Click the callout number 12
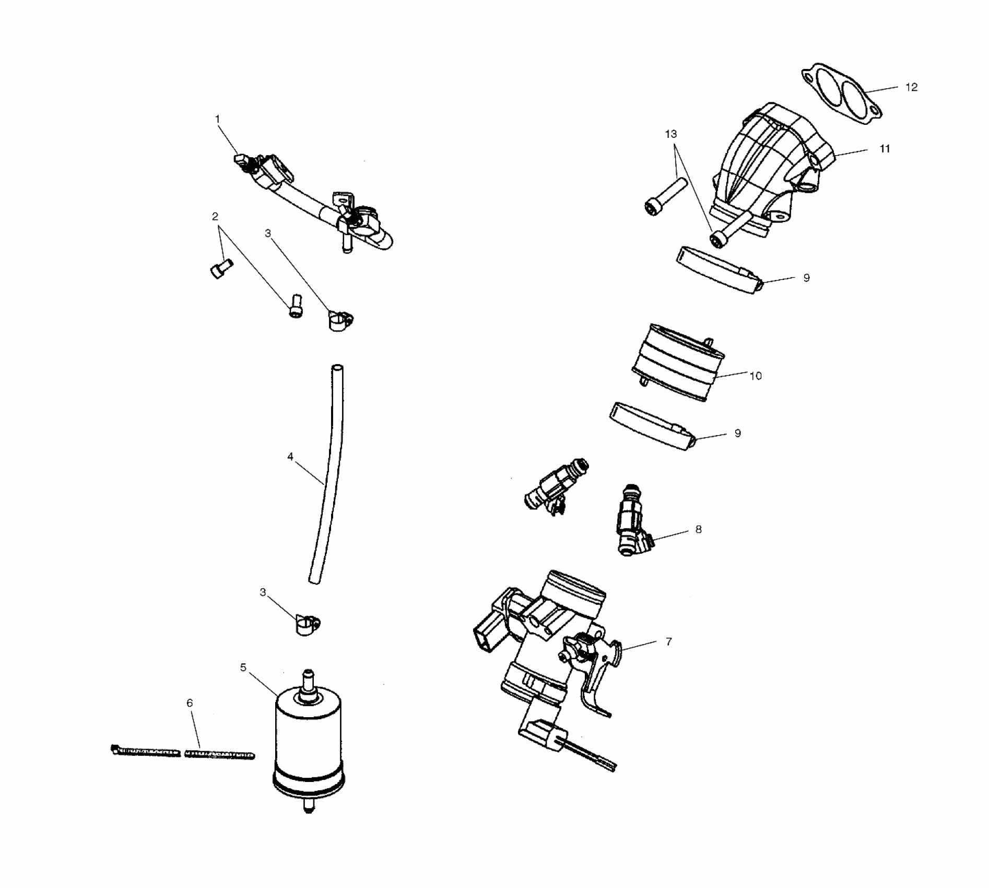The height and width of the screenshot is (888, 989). tap(911, 87)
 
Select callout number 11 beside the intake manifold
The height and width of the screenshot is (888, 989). tap(885, 149)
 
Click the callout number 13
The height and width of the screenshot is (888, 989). tap(671, 134)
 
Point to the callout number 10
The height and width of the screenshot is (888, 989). tap(756, 376)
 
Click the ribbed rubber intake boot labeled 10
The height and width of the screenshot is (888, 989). tap(679, 363)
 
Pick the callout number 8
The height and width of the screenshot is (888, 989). tap(699, 529)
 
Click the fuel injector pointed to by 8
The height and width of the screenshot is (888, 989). tap(632, 522)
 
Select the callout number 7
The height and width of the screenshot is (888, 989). tap(669, 641)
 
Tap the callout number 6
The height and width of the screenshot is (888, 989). tap(190, 703)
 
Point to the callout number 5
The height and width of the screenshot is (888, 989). tap(243, 668)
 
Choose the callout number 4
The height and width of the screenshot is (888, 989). tap(290, 457)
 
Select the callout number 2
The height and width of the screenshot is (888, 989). tap(215, 216)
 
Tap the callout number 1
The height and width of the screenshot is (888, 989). tap(218, 119)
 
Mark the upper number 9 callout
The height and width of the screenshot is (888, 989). tap(807, 278)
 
